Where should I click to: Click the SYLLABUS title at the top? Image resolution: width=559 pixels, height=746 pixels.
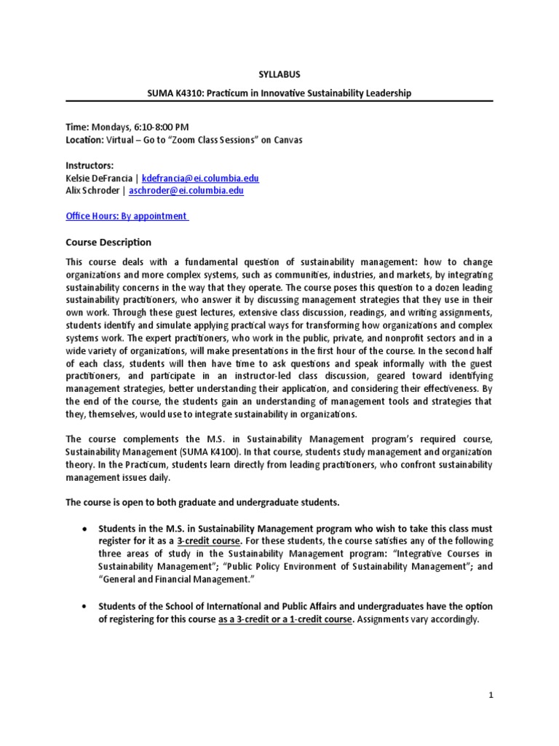(279, 74)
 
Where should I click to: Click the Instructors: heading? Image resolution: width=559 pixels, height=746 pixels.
(90, 166)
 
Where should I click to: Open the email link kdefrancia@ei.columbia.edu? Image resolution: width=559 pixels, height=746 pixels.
(200, 178)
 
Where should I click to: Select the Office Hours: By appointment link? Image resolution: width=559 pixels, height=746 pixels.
(127, 216)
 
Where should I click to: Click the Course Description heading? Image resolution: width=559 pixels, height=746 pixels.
(108, 242)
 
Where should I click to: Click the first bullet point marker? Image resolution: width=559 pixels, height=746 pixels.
(86, 527)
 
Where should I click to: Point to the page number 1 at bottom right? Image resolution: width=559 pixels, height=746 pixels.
(491, 695)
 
